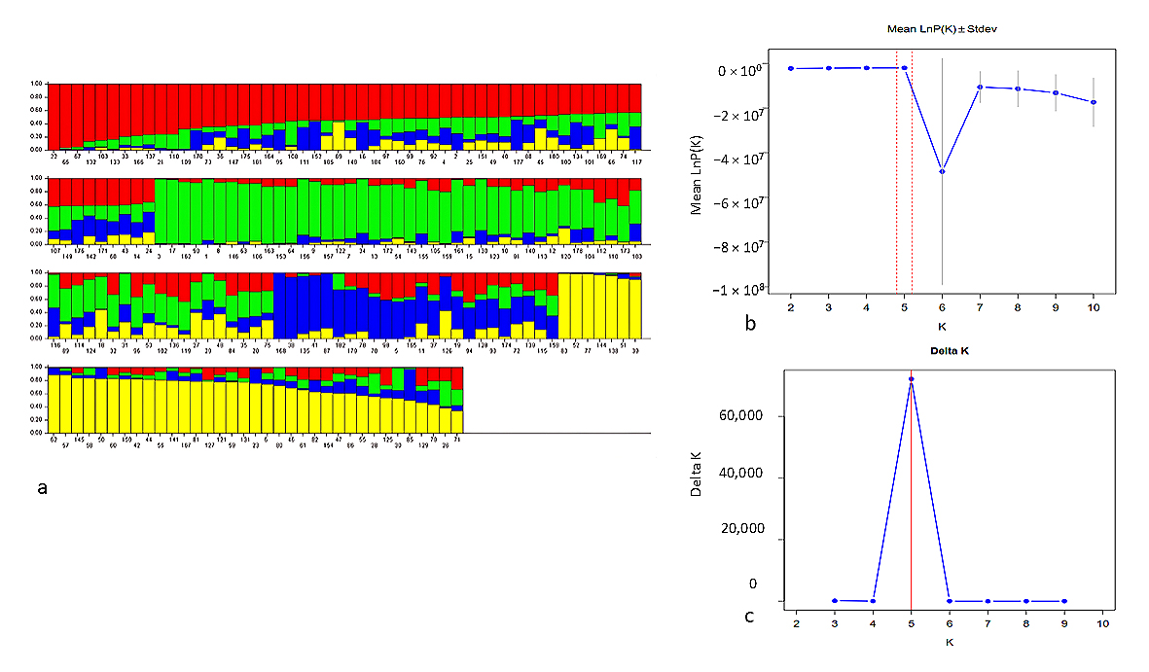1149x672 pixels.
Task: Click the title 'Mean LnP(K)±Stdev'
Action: click(943, 30)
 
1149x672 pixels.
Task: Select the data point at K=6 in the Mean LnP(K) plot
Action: click(942, 171)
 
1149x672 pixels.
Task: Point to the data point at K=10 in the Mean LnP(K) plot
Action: click(1094, 102)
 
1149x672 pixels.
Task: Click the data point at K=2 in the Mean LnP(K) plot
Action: click(791, 68)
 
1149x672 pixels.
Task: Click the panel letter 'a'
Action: click(41, 487)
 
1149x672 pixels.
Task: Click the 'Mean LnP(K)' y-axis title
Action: click(697, 179)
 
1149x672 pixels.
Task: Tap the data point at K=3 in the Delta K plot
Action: click(835, 601)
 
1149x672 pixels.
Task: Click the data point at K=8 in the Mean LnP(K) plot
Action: click(1018, 88)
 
